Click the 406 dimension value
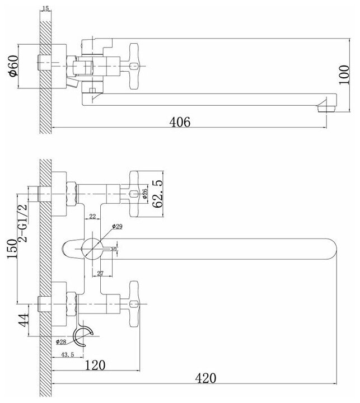tap(179, 121)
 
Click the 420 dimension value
tap(205, 378)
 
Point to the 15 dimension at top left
tap(46, 8)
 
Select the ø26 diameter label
tap(145, 194)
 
